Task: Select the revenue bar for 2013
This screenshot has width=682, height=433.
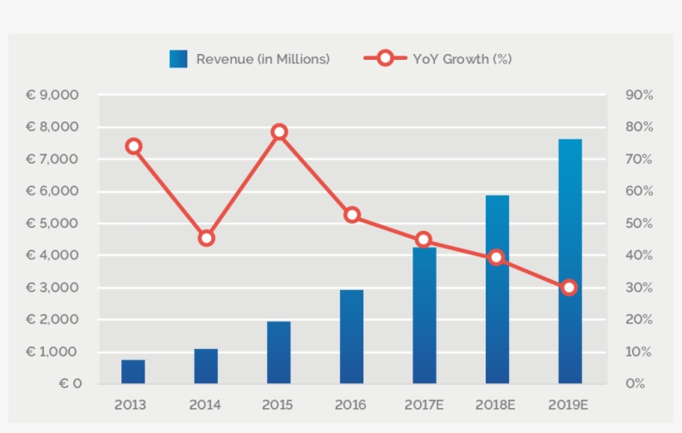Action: pyautogui.click(x=133, y=371)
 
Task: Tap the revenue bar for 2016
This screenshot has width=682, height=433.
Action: pyautogui.click(x=352, y=337)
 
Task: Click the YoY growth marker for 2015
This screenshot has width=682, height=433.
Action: pyautogui.click(x=279, y=132)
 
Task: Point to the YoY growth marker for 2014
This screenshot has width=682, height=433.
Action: pyautogui.click(x=206, y=239)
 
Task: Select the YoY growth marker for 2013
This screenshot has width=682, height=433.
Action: pyautogui.click(x=133, y=146)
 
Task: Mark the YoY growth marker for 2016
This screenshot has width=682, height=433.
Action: pyautogui.click(x=352, y=215)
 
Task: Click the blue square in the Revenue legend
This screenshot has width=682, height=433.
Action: pyautogui.click(x=178, y=59)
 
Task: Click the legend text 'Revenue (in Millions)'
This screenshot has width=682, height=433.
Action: pyautogui.click(x=263, y=59)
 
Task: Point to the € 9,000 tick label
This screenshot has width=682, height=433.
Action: pyautogui.click(x=52, y=96)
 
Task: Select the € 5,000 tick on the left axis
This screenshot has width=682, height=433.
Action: pyautogui.click(x=52, y=224)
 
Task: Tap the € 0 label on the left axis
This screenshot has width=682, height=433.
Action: pyautogui.click(x=70, y=384)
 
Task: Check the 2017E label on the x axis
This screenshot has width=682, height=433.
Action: pyautogui.click(x=424, y=405)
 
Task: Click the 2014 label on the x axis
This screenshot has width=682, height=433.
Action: pyautogui.click(x=206, y=405)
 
